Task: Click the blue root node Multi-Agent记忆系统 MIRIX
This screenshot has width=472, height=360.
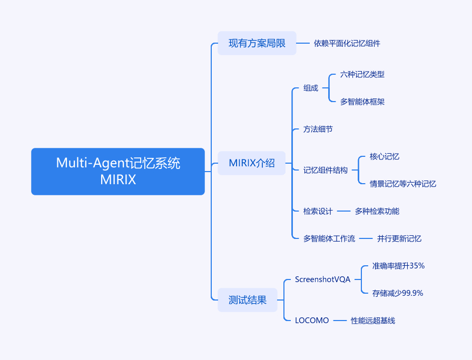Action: (x=118, y=172)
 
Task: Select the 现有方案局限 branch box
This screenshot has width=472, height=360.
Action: (x=257, y=43)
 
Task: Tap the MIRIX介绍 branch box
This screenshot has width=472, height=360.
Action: (x=252, y=163)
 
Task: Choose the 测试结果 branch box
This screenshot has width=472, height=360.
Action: (x=248, y=300)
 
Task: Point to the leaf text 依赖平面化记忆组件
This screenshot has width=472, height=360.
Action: (x=347, y=43)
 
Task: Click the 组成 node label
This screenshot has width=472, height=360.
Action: (x=311, y=88)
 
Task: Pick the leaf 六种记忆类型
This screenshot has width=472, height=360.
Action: (x=362, y=74)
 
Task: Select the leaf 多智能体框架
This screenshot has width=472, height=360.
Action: (x=362, y=102)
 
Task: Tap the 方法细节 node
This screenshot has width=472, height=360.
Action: (x=318, y=129)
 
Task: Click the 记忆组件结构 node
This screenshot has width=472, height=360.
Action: (x=326, y=170)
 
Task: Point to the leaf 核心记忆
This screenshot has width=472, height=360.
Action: (x=385, y=156)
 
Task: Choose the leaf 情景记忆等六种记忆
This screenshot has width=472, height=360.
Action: (x=403, y=184)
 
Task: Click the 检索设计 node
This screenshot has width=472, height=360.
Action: (x=318, y=211)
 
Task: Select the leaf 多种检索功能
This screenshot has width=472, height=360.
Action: (x=377, y=211)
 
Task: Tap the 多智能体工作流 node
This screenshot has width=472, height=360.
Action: (x=329, y=238)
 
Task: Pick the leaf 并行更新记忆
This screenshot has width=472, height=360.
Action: (x=399, y=238)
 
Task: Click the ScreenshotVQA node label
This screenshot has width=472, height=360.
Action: (x=322, y=279)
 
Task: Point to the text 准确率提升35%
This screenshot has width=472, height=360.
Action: (x=398, y=266)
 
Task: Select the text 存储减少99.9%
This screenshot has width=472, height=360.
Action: (x=398, y=293)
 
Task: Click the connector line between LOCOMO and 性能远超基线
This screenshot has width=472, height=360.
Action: (x=340, y=321)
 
